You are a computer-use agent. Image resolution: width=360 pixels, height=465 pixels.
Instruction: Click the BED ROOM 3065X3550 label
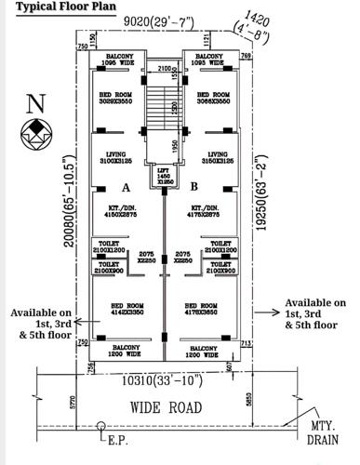(214, 99)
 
